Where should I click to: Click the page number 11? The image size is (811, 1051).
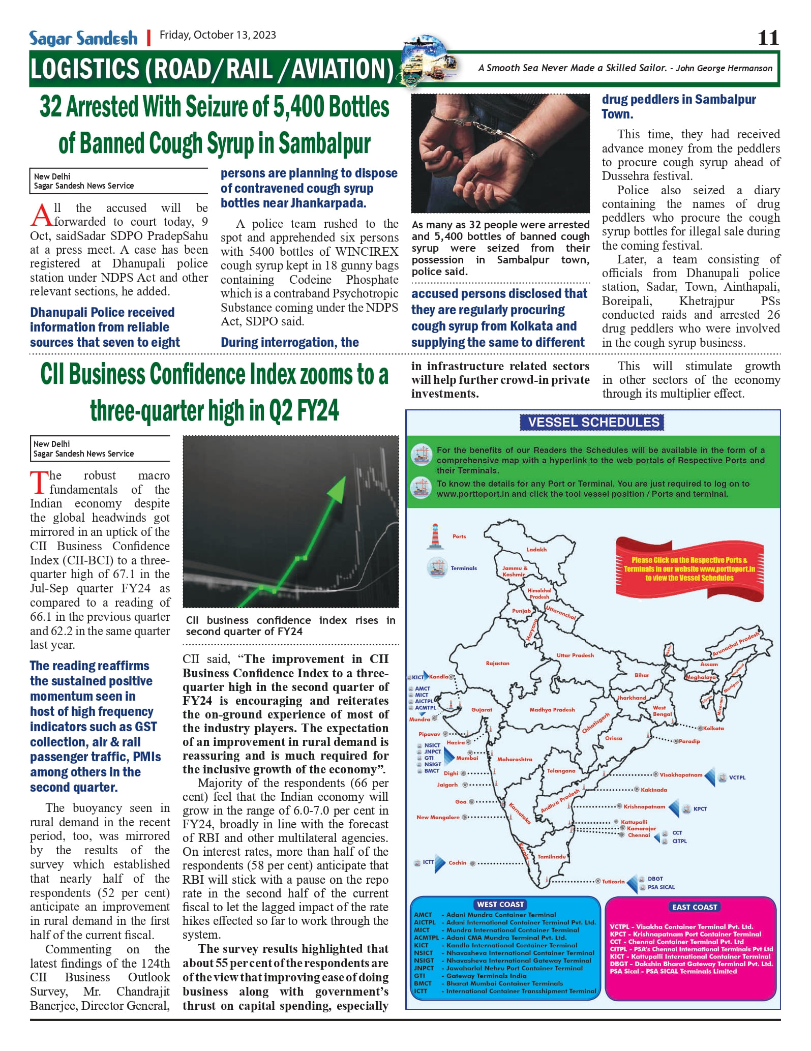(x=768, y=38)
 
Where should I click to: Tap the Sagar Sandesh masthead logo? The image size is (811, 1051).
(x=83, y=38)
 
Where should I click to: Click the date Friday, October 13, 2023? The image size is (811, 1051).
(x=218, y=35)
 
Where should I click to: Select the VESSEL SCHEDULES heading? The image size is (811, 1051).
(x=593, y=422)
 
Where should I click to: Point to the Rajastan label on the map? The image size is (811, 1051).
(x=497, y=663)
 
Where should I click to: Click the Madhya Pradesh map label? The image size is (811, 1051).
(x=552, y=709)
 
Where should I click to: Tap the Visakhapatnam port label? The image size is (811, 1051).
(x=681, y=775)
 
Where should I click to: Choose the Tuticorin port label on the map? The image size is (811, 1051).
(x=613, y=881)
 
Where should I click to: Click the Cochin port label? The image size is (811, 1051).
(x=457, y=862)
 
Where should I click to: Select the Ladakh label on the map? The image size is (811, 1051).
(x=536, y=549)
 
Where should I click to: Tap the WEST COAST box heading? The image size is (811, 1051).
(x=500, y=904)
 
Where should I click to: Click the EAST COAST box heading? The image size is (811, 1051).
(x=695, y=907)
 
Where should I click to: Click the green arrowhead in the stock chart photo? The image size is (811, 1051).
(x=336, y=490)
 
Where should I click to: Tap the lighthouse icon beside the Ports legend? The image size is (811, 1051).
(x=435, y=536)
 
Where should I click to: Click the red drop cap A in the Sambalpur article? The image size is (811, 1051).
(x=41, y=215)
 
